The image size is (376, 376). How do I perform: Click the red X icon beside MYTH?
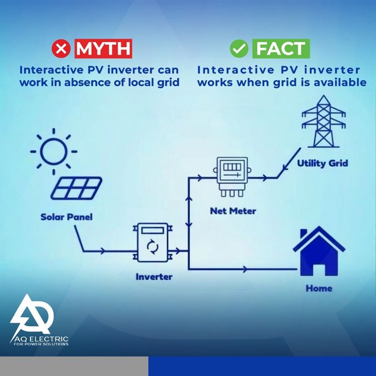(61, 49)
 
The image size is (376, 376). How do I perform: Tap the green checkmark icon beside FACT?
(239, 49)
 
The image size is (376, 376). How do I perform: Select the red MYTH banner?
(103, 49)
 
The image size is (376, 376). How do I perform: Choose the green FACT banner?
(281, 49)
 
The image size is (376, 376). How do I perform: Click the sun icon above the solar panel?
(54, 151)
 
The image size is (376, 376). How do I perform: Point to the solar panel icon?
(76, 188)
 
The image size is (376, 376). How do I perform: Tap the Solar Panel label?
(66, 217)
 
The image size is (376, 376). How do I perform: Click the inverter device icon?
(153, 242)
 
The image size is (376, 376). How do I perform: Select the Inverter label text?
(154, 277)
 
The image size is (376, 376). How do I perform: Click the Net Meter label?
(233, 211)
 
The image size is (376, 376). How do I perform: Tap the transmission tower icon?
(323, 121)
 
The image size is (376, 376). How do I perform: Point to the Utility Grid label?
(322, 163)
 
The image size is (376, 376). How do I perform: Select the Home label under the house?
(319, 288)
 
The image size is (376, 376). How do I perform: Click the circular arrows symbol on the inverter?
(153, 247)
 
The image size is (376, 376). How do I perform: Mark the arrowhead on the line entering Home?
(245, 269)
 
